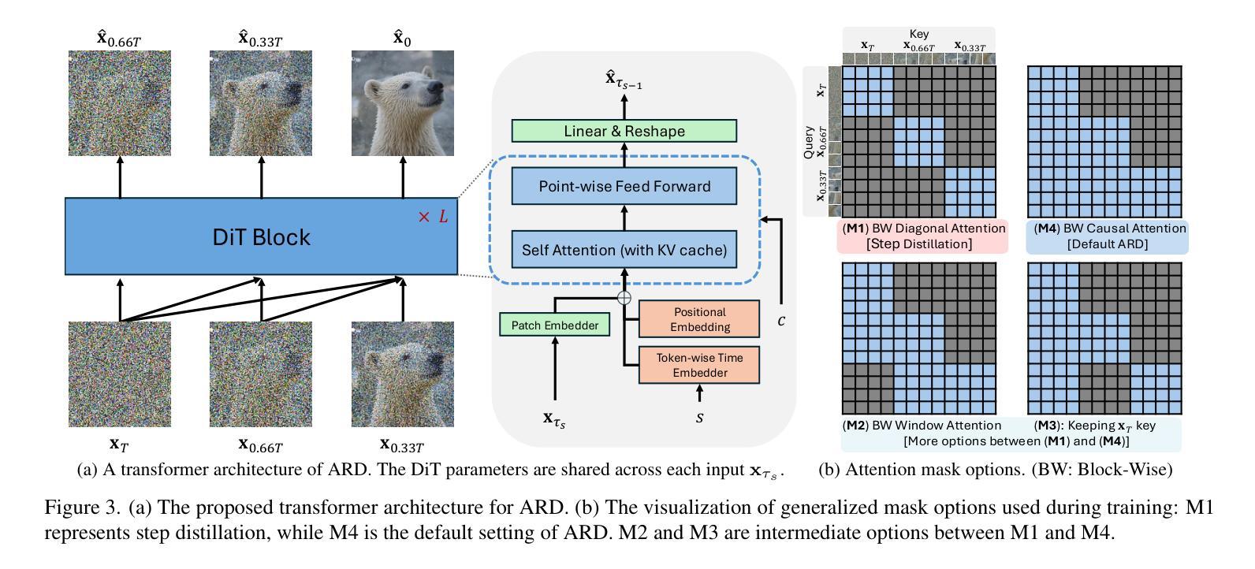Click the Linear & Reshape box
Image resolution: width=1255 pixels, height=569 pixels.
click(624, 131)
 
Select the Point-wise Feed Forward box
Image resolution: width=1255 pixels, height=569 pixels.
click(624, 186)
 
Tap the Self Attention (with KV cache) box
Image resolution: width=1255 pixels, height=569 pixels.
click(624, 249)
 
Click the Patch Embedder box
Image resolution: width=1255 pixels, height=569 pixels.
click(555, 325)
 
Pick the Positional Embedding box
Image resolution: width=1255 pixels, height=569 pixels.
click(699, 318)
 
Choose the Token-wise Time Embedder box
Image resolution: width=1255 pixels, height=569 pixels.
click(699, 365)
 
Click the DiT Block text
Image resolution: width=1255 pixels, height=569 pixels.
click(261, 237)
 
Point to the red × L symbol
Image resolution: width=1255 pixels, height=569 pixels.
click(433, 217)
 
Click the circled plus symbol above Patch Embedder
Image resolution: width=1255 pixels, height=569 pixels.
click(624, 297)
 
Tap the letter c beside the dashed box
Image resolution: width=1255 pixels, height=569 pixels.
click(781, 321)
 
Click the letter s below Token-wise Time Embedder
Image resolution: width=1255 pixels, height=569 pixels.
click(699, 418)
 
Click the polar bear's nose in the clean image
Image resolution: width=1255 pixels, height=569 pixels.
click(436, 87)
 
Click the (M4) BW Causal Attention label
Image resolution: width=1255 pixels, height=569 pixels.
click(1110, 229)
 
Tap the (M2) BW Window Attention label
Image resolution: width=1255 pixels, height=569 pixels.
click(922, 426)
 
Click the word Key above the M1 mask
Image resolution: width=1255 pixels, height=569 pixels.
click(919, 34)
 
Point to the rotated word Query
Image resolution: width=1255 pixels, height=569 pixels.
click(809, 142)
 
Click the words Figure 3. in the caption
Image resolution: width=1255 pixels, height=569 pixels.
click(82, 508)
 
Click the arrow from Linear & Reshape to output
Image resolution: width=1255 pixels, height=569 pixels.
click(624, 106)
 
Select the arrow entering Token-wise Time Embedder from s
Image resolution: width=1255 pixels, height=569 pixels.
click(699, 393)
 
